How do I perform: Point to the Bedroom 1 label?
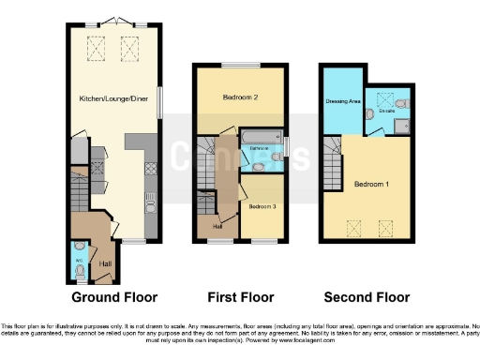372,183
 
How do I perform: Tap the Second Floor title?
367,297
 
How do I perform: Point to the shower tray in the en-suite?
401,126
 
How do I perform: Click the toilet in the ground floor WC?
81,271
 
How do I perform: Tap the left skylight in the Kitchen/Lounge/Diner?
96,44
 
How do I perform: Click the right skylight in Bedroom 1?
385,226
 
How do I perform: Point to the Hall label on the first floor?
217,225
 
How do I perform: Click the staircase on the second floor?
330,150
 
